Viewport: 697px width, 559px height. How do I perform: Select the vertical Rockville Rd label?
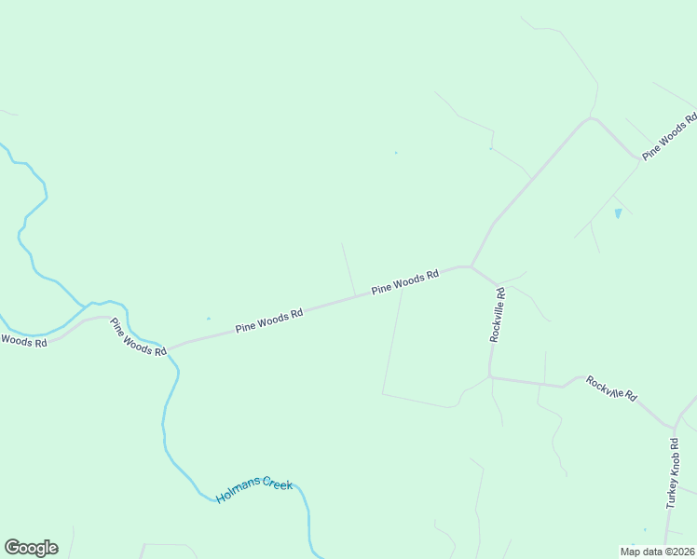tap(498, 315)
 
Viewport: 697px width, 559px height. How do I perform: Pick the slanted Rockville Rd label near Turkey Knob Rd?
tap(611, 389)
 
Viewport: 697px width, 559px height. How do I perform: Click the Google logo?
tap(31, 548)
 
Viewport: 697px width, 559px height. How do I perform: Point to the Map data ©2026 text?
tap(656, 552)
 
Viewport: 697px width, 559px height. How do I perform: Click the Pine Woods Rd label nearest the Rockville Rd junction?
tap(404, 283)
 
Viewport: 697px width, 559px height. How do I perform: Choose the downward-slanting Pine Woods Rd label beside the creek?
tap(138, 337)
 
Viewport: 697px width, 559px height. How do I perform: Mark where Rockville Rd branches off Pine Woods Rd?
tap(471, 266)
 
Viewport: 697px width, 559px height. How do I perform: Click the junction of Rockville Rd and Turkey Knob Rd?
tap(673, 429)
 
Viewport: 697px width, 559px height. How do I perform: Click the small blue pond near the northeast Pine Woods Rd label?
tap(618, 213)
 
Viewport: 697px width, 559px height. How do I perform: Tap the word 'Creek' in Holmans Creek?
tap(277, 484)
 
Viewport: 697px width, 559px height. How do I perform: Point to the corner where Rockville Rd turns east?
tap(490, 377)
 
